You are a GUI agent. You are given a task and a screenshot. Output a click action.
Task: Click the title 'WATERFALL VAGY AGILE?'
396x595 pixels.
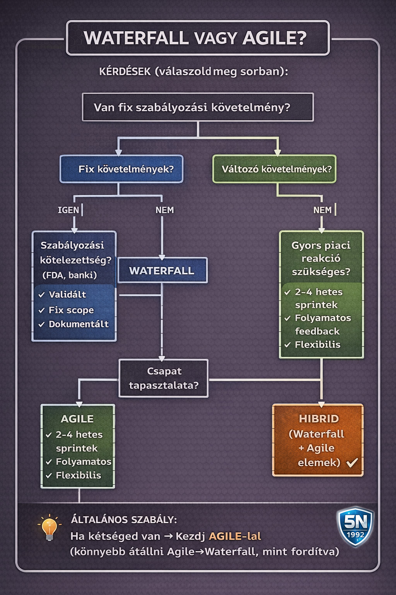click(195, 38)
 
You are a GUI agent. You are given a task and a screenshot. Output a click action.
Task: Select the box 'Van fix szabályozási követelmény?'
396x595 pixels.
click(198, 107)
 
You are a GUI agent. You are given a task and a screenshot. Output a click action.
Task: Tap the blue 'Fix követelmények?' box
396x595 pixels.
click(121, 169)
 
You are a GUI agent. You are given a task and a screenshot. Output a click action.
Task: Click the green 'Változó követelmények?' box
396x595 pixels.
click(275, 169)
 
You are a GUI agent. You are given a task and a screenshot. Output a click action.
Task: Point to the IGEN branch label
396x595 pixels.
click(68, 210)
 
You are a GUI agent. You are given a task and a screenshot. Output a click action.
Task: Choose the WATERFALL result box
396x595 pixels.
click(162, 270)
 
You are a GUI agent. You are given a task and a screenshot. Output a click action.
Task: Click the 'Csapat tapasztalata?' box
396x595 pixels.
click(164, 378)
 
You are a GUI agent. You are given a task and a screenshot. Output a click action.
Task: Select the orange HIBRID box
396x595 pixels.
click(318, 440)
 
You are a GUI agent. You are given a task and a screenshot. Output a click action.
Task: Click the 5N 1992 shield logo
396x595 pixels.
click(355, 526)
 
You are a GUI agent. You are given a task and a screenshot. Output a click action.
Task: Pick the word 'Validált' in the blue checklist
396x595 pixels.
click(67, 294)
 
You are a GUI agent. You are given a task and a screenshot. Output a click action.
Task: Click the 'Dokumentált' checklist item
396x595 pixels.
click(79, 324)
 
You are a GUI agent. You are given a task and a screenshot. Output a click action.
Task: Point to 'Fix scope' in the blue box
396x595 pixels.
click(71, 310)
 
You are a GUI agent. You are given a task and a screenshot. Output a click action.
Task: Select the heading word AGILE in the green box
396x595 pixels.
click(77, 419)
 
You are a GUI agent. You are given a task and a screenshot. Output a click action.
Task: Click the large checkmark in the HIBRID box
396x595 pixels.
click(352, 462)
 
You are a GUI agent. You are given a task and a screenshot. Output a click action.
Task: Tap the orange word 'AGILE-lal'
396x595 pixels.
click(235, 536)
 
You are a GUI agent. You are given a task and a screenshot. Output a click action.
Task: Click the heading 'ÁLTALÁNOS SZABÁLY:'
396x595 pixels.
click(124, 519)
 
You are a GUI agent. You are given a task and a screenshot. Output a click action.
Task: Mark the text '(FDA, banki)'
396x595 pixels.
click(70, 275)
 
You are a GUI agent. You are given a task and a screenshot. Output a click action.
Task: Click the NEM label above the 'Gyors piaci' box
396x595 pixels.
click(322, 210)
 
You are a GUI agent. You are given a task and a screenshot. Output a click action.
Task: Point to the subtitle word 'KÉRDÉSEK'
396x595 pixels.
click(125, 72)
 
